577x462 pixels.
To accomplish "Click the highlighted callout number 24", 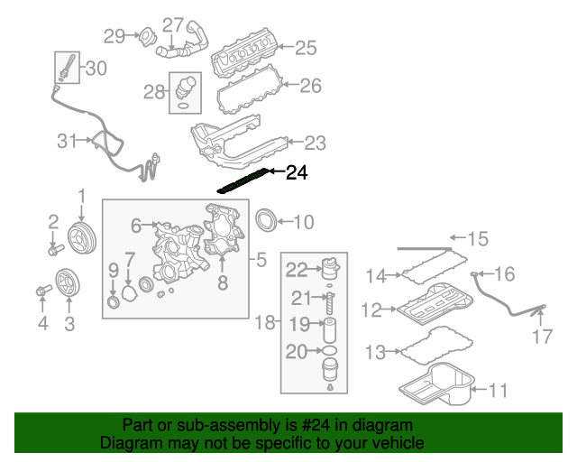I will click(297, 173).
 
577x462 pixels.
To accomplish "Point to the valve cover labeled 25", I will click(247, 55).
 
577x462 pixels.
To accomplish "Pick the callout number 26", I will click(310, 87).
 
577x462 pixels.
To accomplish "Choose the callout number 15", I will click(477, 239).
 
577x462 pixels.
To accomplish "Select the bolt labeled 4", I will click(41, 291).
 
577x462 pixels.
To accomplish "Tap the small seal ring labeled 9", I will click(113, 300).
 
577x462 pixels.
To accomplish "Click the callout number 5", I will click(261, 262).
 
